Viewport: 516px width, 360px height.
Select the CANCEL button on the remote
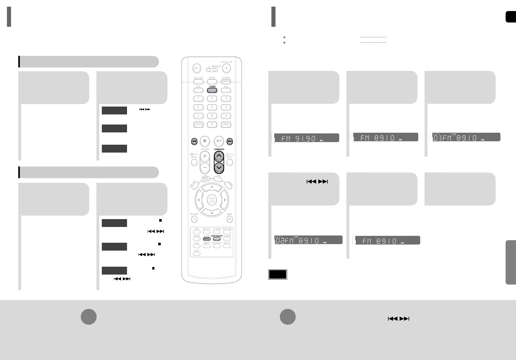[226, 124]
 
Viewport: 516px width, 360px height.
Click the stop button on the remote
[205, 141]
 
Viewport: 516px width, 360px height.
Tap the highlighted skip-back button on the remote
[194, 142]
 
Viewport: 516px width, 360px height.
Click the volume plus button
[205, 156]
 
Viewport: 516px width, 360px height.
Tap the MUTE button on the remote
[230, 219]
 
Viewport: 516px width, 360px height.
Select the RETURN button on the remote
[194, 219]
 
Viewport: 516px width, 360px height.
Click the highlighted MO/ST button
[207, 239]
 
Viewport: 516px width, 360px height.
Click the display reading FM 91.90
[306, 138]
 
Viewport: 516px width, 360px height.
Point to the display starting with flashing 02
[307, 240]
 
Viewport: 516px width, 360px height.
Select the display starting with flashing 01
[466, 137]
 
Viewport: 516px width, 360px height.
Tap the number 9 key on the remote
[226, 116]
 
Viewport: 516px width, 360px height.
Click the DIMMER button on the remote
[226, 81]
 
